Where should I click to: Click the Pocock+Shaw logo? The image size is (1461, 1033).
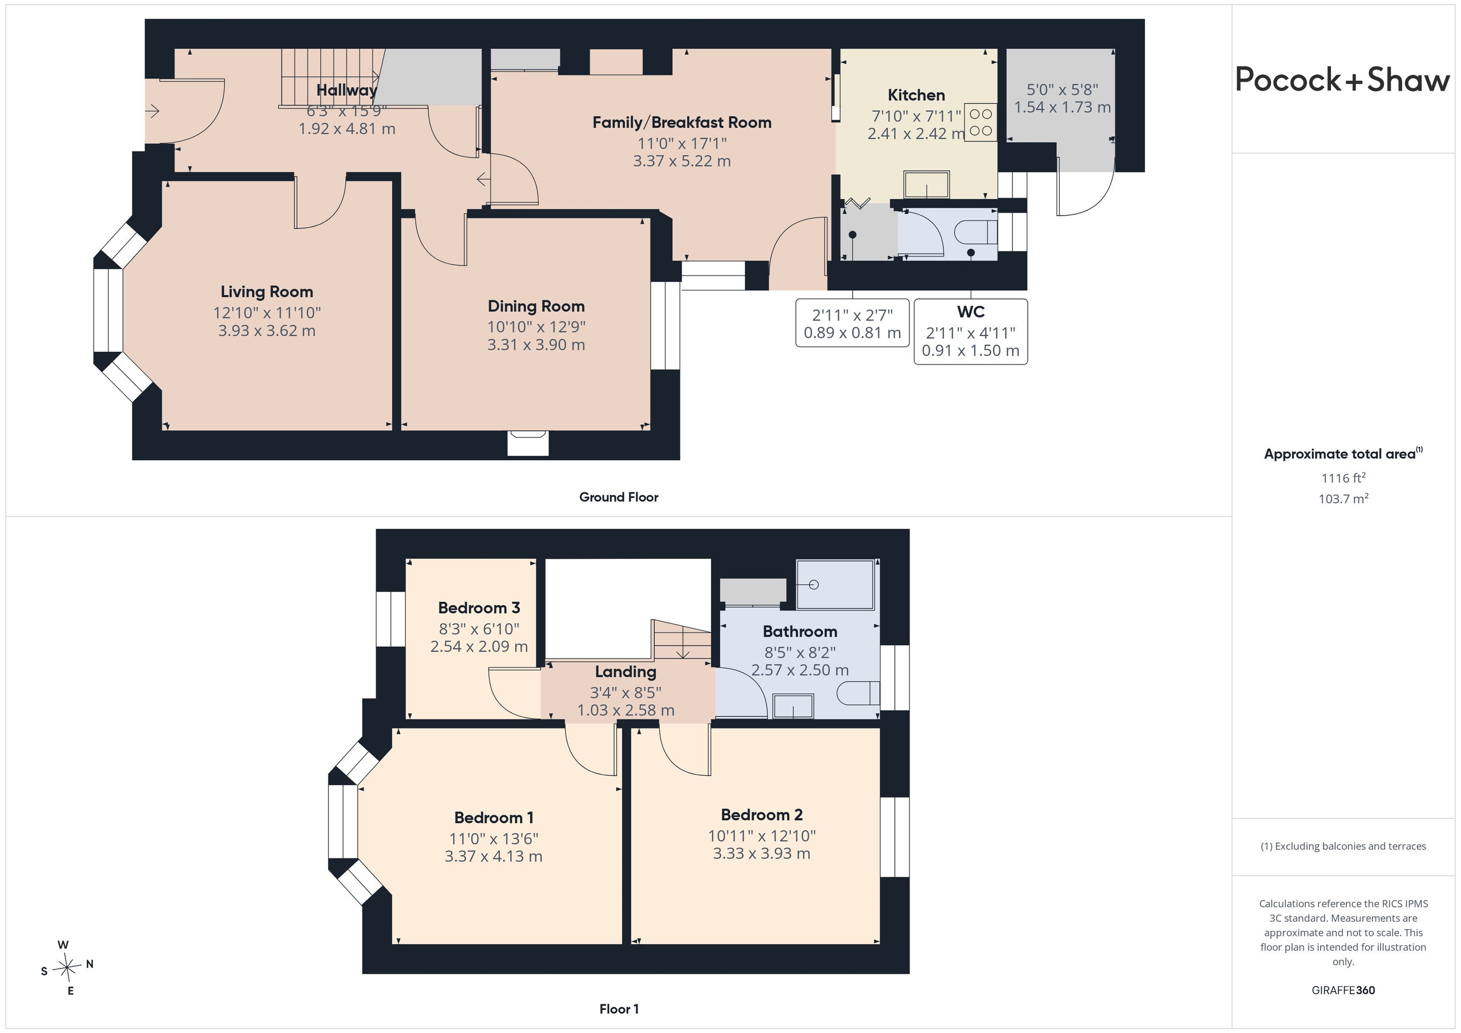click(x=1343, y=80)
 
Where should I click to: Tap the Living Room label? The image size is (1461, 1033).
click(x=267, y=292)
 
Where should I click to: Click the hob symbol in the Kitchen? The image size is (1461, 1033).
click(x=980, y=122)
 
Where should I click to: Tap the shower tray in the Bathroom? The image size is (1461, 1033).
click(x=837, y=584)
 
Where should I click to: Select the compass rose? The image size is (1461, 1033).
click(x=67, y=967)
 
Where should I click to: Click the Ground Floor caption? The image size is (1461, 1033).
click(x=619, y=497)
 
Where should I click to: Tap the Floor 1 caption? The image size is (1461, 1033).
click(x=619, y=1009)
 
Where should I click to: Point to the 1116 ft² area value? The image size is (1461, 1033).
click(x=1343, y=477)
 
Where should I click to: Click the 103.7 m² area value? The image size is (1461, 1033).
click(x=1343, y=499)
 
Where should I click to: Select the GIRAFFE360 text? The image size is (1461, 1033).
click(x=1343, y=990)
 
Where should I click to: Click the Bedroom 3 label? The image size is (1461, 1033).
click(x=479, y=607)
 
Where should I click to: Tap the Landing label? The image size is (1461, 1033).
click(x=625, y=672)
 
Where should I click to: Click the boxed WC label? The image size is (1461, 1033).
click(x=970, y=311)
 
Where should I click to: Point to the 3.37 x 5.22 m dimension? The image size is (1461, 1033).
click(x=681, y=161)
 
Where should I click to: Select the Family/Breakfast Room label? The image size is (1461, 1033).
click(x=681, y=122)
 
